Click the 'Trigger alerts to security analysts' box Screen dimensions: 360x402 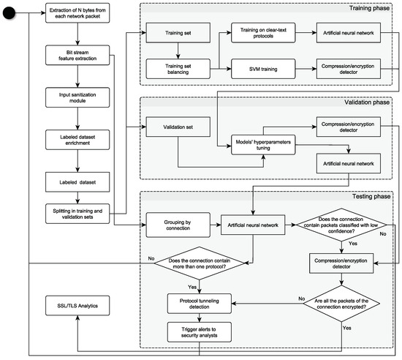pyautogui.click(x=200, y=332)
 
